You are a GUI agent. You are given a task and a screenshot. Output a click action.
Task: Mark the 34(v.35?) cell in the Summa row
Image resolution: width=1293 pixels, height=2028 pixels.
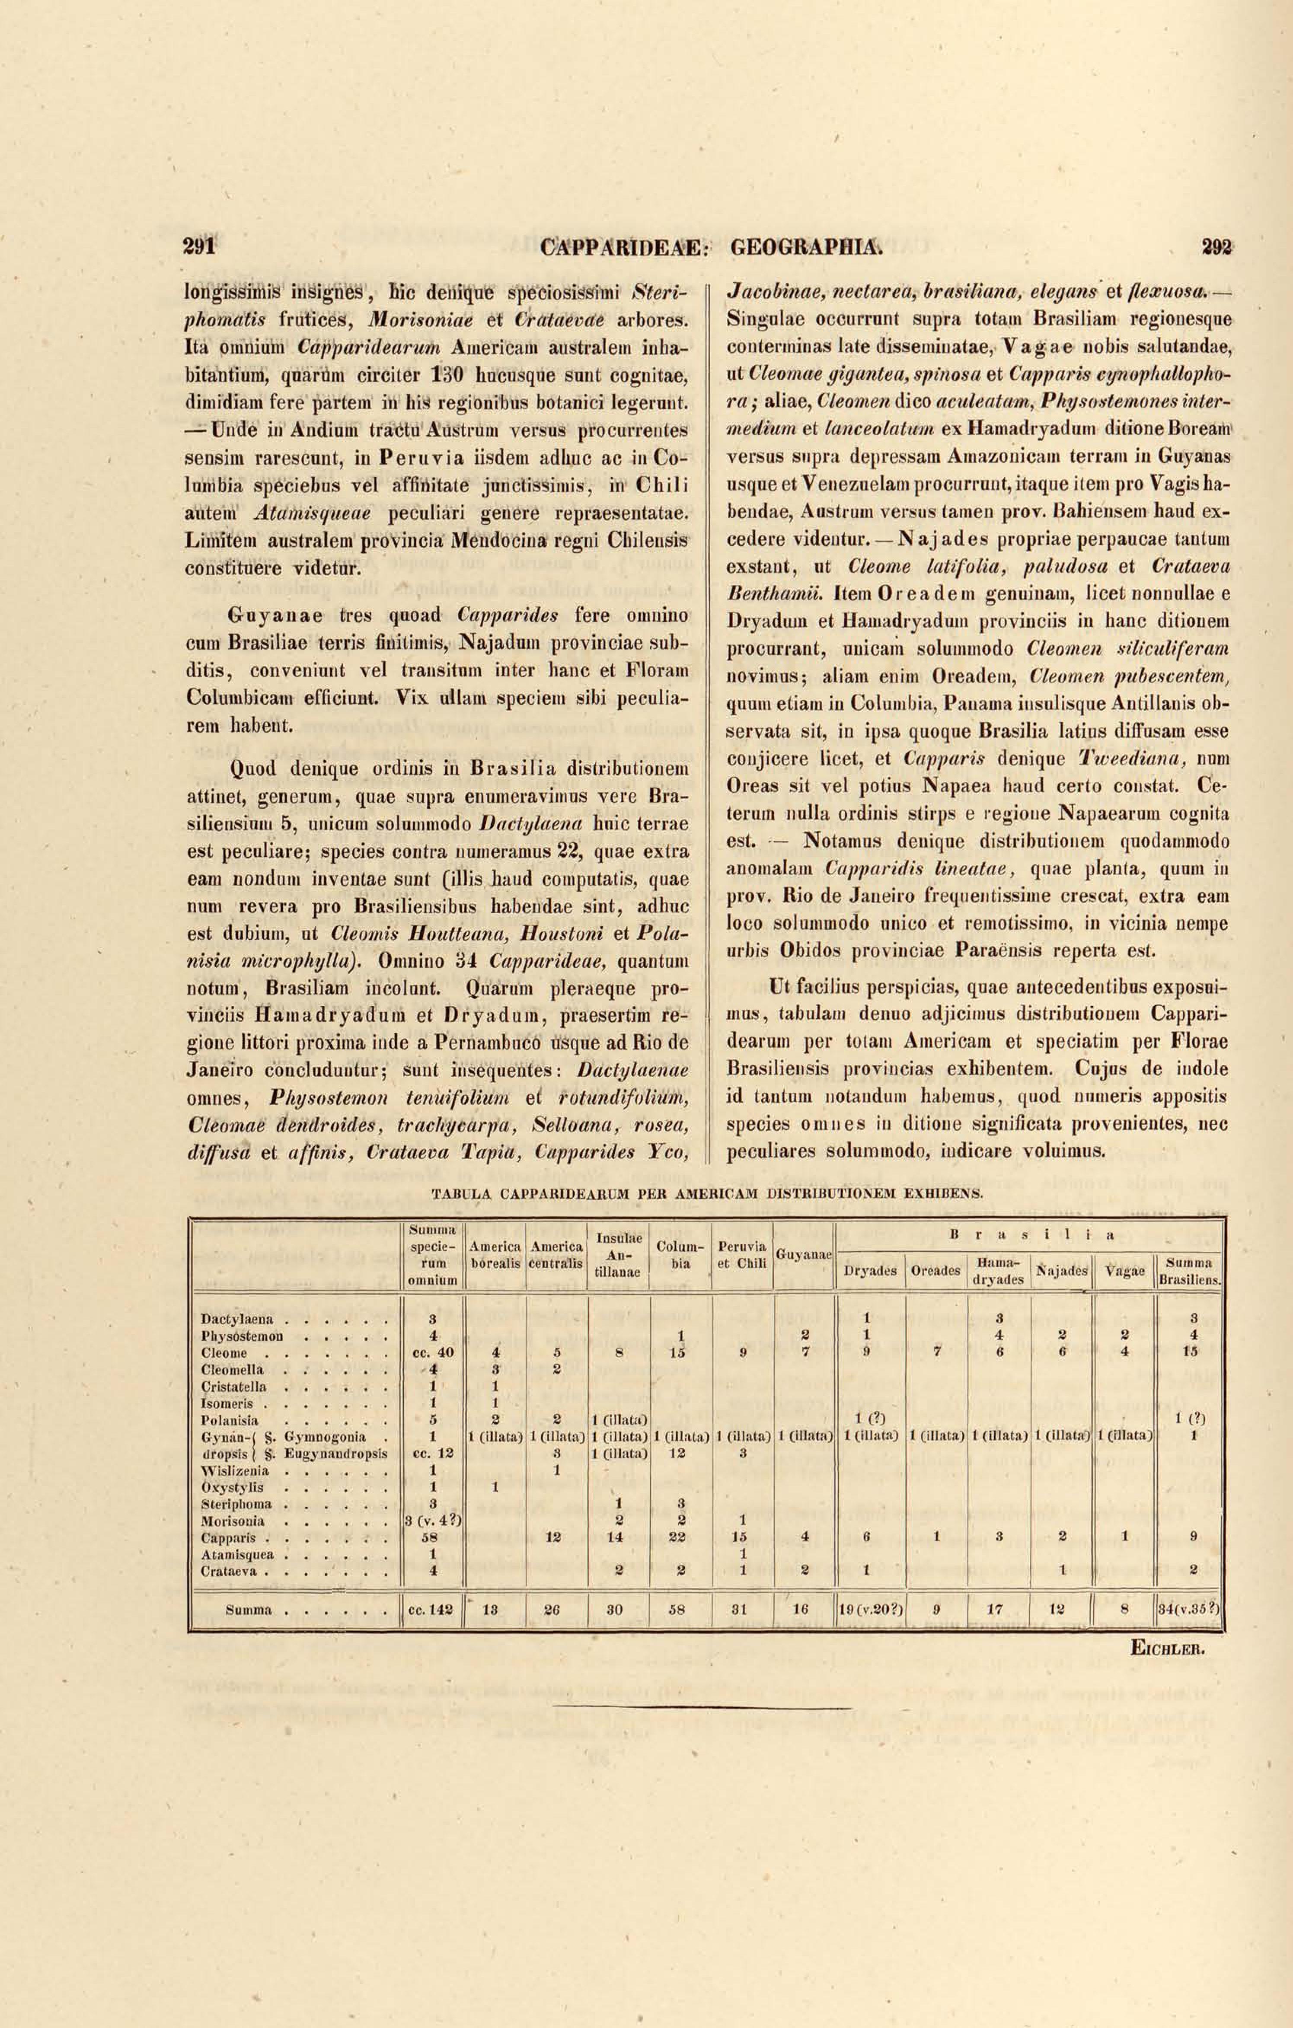(x=1189, y=1608)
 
